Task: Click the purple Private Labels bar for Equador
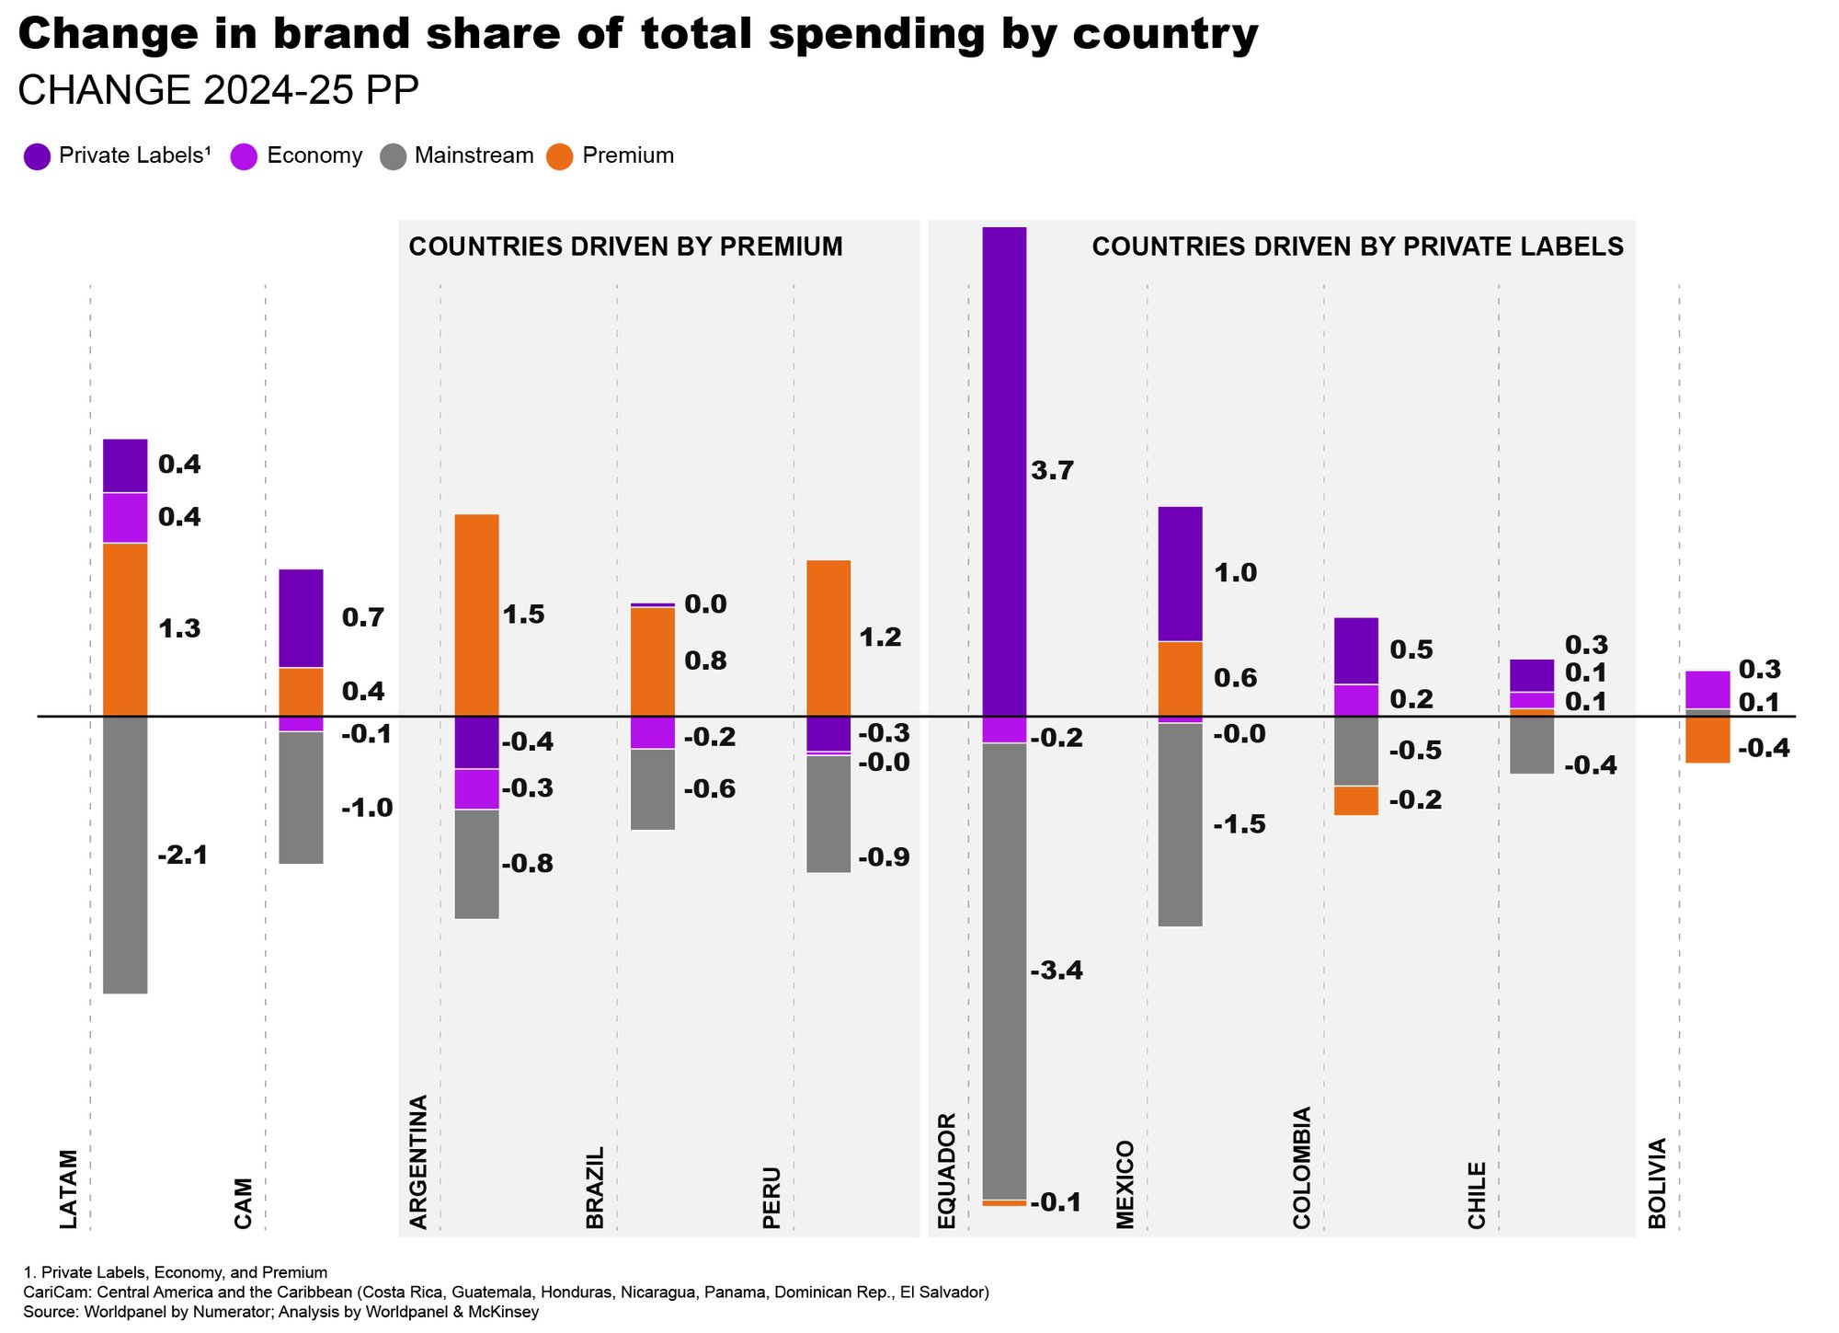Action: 1004,471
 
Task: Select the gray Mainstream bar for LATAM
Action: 125,854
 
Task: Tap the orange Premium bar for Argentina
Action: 477,615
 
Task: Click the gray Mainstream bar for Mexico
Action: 1181,824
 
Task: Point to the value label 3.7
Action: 1053,471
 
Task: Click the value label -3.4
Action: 1057,971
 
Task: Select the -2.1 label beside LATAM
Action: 183,856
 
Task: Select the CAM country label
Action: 243,1202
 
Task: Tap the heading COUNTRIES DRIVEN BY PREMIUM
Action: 625,247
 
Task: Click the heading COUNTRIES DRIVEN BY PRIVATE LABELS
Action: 1357,247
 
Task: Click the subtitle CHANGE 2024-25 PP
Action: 218,91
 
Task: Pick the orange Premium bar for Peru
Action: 828,638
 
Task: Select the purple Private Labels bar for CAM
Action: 301,618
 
